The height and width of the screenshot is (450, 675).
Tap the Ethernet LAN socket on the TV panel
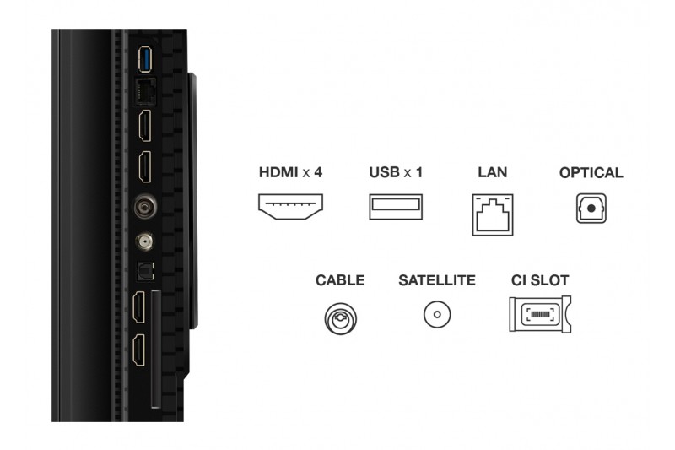click(x=144, y=88)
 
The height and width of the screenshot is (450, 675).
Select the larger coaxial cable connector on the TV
click(x=145, y=205)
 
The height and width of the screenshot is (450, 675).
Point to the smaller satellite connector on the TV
click(x=145, y=241)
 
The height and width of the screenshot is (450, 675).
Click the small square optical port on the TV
click(x=145, y=272)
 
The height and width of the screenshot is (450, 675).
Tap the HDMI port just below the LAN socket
click(x=145, y=126)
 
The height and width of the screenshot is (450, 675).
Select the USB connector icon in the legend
click(x=396, y=207)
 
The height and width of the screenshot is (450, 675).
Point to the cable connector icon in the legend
click(x=340, y=317)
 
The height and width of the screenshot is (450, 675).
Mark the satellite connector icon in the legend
click(x=437, y=316)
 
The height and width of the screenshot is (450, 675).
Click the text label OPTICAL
click(x=591, y=173)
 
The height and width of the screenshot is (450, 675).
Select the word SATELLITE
click(x=437, y=280)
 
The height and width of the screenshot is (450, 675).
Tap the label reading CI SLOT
click(x=540, y=280)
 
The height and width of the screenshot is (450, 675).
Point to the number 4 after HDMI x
click(x=318, y=173)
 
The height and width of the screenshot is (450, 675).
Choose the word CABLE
click(x=340, y=280)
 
